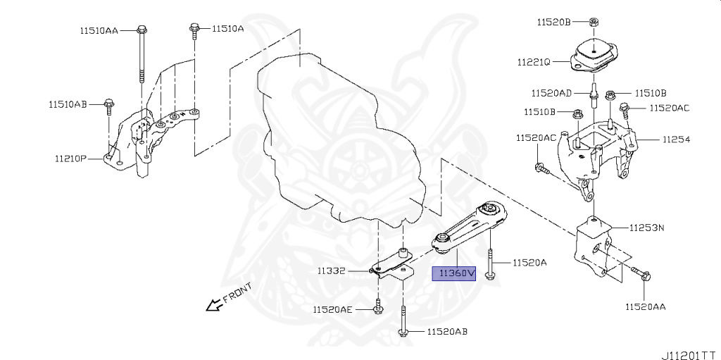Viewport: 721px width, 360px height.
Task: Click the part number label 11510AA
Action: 99,30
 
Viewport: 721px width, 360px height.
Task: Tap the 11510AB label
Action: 68,104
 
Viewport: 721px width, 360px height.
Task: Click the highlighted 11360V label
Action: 455,273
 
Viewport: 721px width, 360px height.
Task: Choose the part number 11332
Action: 330,271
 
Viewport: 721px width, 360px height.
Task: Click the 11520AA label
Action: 645,306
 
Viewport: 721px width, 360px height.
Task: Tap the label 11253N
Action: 648,228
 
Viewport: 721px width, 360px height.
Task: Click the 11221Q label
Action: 533,61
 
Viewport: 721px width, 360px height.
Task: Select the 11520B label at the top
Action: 553,22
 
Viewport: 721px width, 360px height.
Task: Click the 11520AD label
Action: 551,92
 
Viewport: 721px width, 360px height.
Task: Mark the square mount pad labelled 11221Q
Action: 594,55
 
